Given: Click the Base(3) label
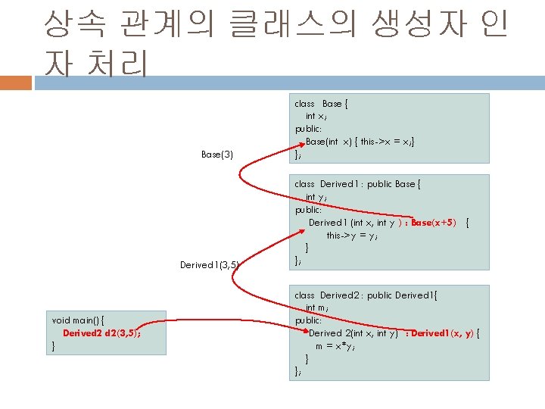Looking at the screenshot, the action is [x=217, y=155].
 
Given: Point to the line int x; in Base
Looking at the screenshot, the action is [x=316, y=116].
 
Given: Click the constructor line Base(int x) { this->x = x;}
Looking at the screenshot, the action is [x=360, y=142].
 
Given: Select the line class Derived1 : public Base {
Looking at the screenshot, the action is [x=357, y=184].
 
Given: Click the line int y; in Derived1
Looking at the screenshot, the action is [x=316, y=197].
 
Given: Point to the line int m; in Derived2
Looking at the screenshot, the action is [x=316, y=308].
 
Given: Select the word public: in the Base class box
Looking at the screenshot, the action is [x=308, y=129].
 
